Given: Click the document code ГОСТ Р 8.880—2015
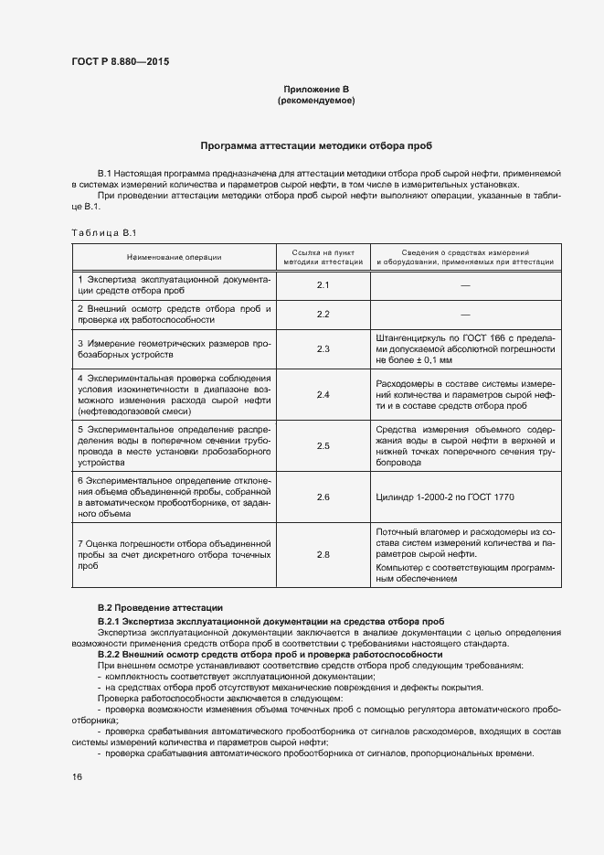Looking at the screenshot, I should (x=120, y=62).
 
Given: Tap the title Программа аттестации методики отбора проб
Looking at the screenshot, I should (x=316, y=145).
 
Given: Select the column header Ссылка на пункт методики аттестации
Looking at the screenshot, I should (x=323, y=257).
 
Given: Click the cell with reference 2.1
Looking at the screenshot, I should (x=323, y=285).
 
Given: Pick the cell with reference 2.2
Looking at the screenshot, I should (x=323, y=315).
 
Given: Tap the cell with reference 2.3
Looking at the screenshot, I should (x=323, y=349).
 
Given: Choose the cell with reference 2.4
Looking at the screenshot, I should (x=323, y=394).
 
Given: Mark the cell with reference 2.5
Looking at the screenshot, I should (x=323, y=445).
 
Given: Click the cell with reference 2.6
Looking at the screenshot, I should (x=323, y=497).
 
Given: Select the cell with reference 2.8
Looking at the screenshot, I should (x=323, y=554).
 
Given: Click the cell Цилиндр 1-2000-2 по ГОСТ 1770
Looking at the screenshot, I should (x=445, y=497).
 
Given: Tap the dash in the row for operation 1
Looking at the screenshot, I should (x=465, y=285).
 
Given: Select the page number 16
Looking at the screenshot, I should (x=77, y=776).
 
